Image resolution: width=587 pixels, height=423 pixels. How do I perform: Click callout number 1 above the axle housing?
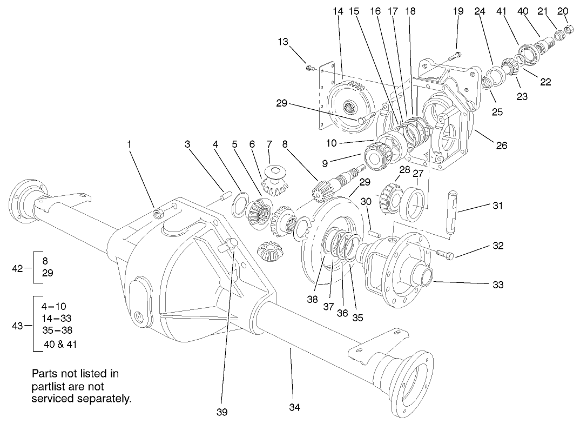129,144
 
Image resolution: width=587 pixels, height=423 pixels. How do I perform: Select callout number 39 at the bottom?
221,413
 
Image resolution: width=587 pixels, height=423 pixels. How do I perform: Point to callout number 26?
502,146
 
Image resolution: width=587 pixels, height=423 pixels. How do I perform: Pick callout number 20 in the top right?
563,11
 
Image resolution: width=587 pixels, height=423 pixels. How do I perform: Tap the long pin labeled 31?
453,211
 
